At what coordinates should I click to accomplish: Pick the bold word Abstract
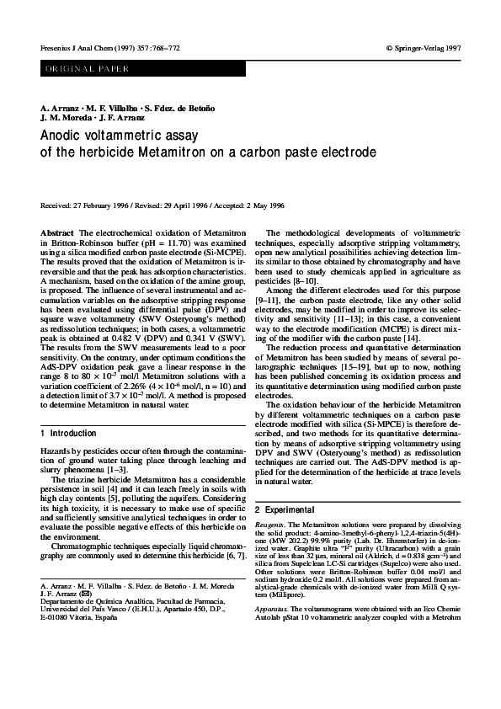pos(56,232)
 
